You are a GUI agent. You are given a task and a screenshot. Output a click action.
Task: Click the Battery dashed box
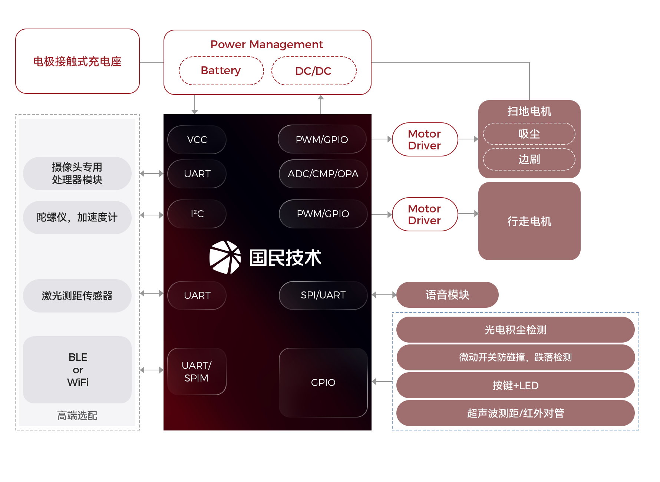pos(221,71)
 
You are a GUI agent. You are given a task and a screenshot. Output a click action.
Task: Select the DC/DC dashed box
pos(314,71)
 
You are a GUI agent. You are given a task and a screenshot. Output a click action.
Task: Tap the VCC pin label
pos(197,140)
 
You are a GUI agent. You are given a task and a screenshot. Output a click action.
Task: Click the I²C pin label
pos(197,214)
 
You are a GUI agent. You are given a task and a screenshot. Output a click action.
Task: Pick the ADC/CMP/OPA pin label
pos(323,174)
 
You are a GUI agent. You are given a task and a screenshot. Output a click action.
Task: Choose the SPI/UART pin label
pos(323,295)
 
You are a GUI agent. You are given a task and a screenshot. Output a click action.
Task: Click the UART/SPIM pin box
pos(197,372)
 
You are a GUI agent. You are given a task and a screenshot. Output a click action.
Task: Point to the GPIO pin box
pos(323,382)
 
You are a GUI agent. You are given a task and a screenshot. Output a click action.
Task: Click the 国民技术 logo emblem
pos(225,257)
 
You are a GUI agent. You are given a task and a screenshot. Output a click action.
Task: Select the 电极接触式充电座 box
pos(77,62)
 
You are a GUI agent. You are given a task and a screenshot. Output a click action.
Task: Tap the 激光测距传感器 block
pos(77,296)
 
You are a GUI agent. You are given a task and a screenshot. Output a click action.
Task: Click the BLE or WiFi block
pos(77,370)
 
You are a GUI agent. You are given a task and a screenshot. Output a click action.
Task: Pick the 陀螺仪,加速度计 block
pos(77,218)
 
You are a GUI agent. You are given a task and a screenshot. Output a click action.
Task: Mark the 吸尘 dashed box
pos(529,134)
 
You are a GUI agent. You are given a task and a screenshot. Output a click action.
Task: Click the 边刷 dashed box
pos(529,159)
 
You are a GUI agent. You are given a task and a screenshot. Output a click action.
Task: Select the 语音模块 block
pos(447,295)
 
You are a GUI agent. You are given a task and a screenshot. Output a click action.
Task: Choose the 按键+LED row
pos(515,386)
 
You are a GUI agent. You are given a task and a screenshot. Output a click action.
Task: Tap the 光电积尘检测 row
pos(515,330)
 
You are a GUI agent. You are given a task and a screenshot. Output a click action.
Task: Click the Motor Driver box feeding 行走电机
pos(425,214)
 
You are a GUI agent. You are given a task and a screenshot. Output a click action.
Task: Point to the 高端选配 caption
pos(77,416)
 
